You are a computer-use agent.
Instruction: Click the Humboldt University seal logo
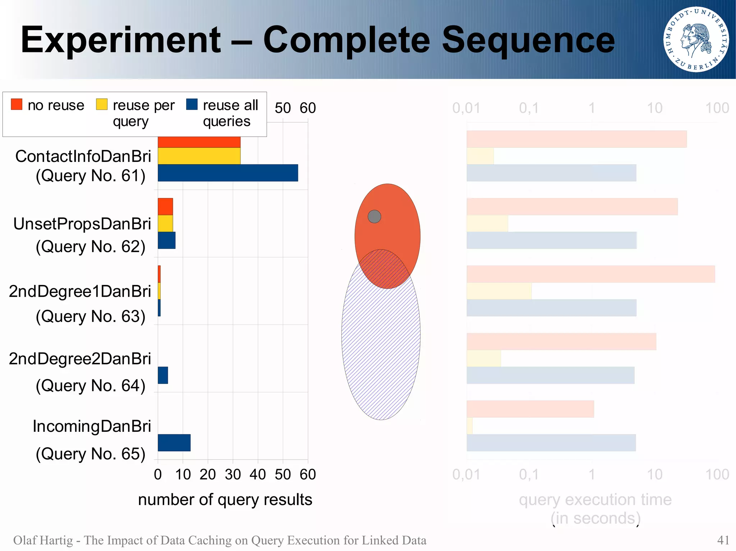pyautogui.click(x=696, y=39)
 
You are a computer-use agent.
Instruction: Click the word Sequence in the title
pyautogui.click(x=528, y=40)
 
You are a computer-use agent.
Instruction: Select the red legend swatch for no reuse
pyautogui.click(x=17, y=104)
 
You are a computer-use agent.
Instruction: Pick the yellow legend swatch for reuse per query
pyautogui.click(x=102, y=104)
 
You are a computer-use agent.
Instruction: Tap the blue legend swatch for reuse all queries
pyautogui.click(x=192, y=104)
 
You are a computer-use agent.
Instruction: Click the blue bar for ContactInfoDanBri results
pyautogui.click(x=228, y=173)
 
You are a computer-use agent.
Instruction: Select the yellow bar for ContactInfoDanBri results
pyautogui.click(x=199, y=156)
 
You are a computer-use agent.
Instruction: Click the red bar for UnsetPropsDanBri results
pyautogui.click(x=165, y=206)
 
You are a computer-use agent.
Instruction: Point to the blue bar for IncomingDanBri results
pyautogui.click(x=174, y=443)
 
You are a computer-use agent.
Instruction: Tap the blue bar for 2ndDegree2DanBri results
pyautogui.click(x=163, y=375)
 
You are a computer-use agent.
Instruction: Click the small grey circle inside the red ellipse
pyautogui.click(x=374, y=216)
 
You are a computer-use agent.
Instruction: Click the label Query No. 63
pyautogui.click(x=91, y=316)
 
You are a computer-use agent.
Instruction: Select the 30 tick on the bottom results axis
pyautogui.click(x=233, y=475)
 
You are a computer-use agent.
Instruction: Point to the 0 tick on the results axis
pyautogui.click(x=158, y=475)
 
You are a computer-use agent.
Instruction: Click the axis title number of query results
pyautogui.click(x=225, y=500)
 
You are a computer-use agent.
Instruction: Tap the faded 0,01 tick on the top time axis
pyautogui.click(x=466, y=108)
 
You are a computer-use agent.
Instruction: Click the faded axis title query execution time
pyautogui.click(x=595, y=500)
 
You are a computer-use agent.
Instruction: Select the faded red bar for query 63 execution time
pyautogui.click(x=590, y=274)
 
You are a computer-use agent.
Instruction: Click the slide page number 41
pyautogui.click(x=723, y=540)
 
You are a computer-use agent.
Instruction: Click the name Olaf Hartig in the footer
pyautogui.click(x=43, y=540)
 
